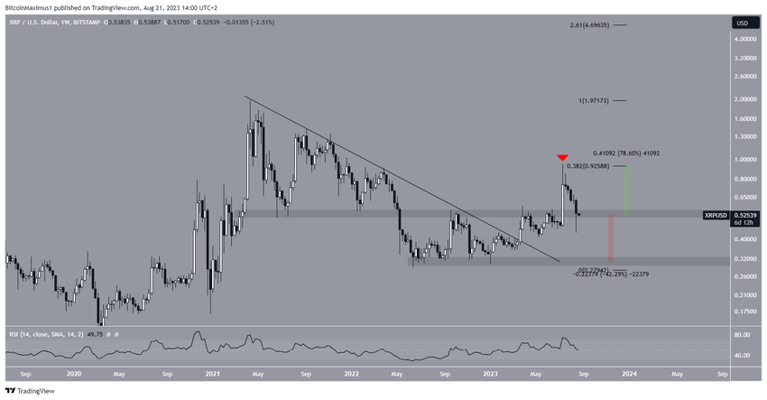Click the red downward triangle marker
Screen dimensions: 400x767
(562, 158)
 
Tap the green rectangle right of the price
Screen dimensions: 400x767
(624, 190)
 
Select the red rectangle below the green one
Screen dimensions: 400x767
(611, 237)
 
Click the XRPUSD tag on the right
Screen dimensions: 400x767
(718, 214)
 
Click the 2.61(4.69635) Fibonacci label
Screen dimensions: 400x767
(596, 51)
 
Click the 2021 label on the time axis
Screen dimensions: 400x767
(213, 372)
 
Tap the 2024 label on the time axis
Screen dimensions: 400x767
(630, 372)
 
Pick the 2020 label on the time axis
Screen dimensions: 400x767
(74, 372)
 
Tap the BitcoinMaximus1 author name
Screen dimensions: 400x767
(32, 7)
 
